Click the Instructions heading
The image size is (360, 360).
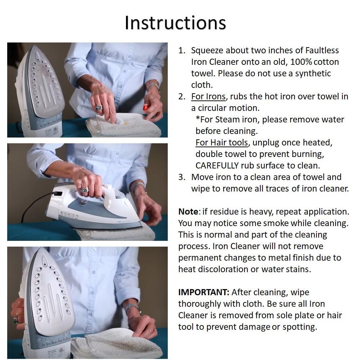point(175,23)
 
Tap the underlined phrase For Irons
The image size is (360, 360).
point(208,96)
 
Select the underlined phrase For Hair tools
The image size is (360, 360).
point(221,143)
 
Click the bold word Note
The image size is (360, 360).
point(188,211)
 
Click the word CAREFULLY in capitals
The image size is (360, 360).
point(217,166)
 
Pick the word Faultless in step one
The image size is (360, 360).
point(322,50)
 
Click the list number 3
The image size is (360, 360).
point(181,177)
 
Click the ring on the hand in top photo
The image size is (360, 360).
point(99,107)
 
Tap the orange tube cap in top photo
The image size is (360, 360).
point(146,107)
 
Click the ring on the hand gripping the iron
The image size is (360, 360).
point(84,190)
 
